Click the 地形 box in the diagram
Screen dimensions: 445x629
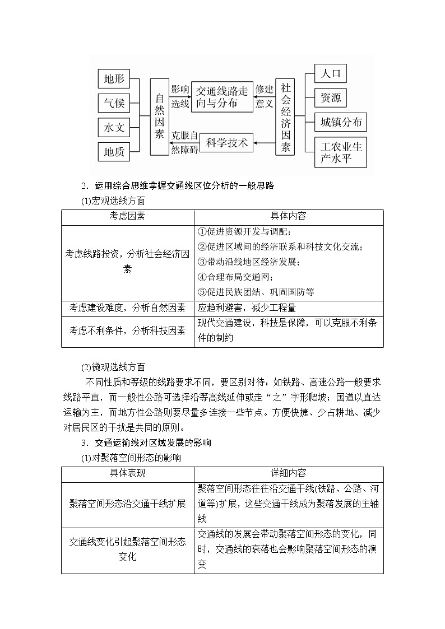coord(114,79)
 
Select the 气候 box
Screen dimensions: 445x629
coord(114,104)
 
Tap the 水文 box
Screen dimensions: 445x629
coord(114,128)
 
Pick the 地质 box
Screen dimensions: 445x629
coord(114,152)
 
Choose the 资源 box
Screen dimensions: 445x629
coord(331,97)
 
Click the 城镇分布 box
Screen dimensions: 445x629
coord(341,122)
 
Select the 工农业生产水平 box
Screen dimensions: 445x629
coord(341,152)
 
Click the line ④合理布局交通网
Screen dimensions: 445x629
coord(236,277)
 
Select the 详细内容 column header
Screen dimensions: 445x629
coord(289,474)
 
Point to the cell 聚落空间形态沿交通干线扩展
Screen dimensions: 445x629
coord(127,504)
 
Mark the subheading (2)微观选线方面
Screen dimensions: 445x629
coord(113,367)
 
